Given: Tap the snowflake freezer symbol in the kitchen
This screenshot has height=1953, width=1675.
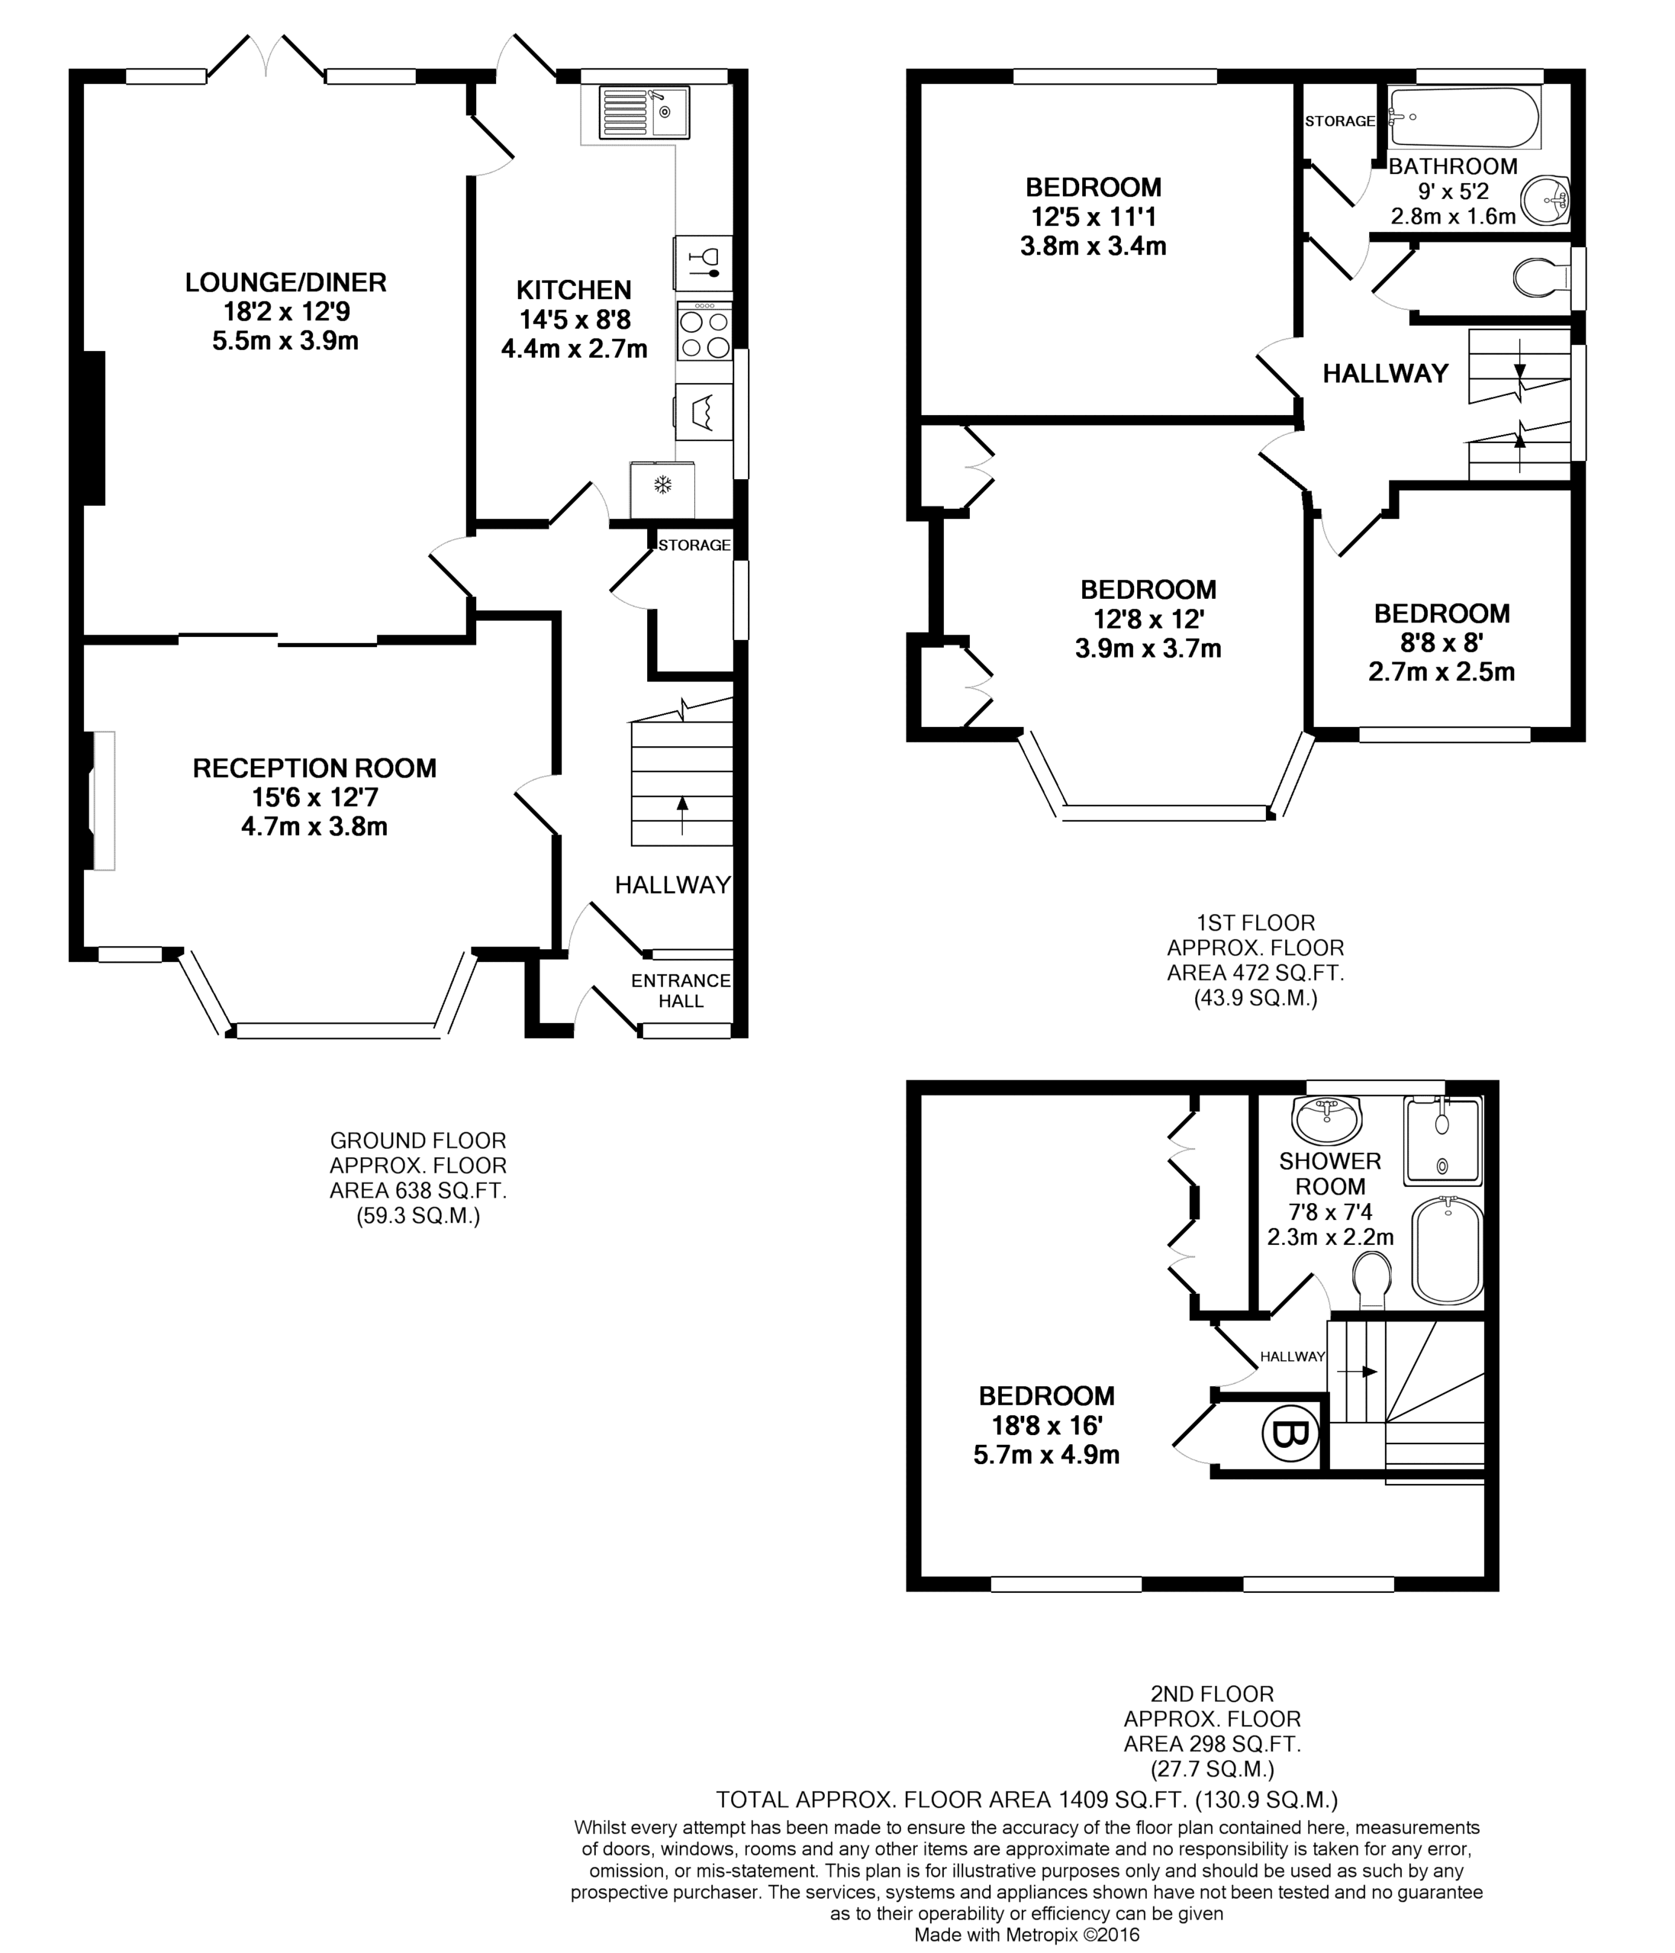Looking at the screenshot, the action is (x=664, y=485).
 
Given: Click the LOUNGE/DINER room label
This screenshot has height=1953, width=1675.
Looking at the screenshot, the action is (x=285, y=282).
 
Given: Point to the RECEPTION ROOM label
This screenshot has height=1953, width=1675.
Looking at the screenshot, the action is (x=315, y=768).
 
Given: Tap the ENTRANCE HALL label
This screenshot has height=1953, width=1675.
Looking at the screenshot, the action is (x=681, y=991).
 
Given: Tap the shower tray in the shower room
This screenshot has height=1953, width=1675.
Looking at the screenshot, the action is (x=1443, y=1141).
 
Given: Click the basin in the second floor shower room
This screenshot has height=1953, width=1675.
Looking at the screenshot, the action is (x=1327, y=1120).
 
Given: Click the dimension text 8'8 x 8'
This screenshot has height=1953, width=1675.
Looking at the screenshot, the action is (x=1441, y=643).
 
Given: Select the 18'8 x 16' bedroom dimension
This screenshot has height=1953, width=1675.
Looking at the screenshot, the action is (x=1046, y=1425).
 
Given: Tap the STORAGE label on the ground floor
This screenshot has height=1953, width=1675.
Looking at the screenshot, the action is (x=694, y=545).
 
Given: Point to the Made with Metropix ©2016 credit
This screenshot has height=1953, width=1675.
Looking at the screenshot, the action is (x=1026, y=1935).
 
